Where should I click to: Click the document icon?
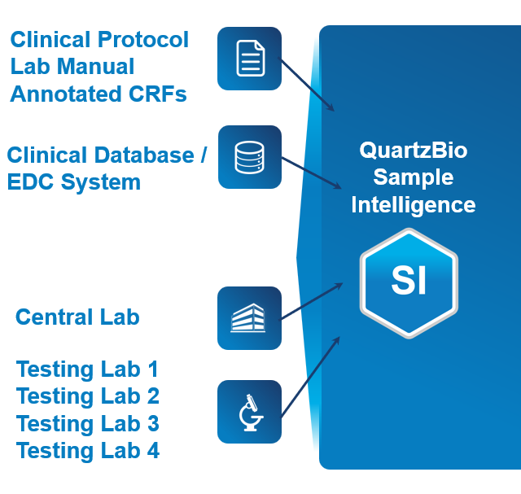pyautogui.click(x=250, y=59)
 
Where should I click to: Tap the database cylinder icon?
pyautogui.click(x=250, y=157)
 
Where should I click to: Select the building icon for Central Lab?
pyautogui.click(x=249, y=317)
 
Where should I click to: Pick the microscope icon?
pyautogui.click(x=249, y=412)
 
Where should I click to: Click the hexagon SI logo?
pyautogui.click(x=409, y=282)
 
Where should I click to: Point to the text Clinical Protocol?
pyautogui.click(x=99, y=39)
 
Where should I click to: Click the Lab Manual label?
pyautogui.click(x=72, y=66)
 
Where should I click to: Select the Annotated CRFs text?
pyautogui.click(x=99, y=94)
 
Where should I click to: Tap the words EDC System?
pyautogui.click(x=74, y=181)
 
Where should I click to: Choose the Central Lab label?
pyautogui.click(x=77, y=317)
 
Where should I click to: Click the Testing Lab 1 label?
pyautogui.click(x=87, y=369)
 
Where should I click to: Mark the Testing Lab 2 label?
pyautogui.click(x=87, y=396)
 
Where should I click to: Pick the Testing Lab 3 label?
pyautogui.click(x=87, y=423)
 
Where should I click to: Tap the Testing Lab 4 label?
pyautogui.click(x=87, y=450)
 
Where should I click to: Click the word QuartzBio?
pyautogui.click(x=413, y=151)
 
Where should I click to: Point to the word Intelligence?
pyautogui.click(x=413, y=204)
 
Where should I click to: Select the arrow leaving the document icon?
pyautogui.click(x=308, y=85)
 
